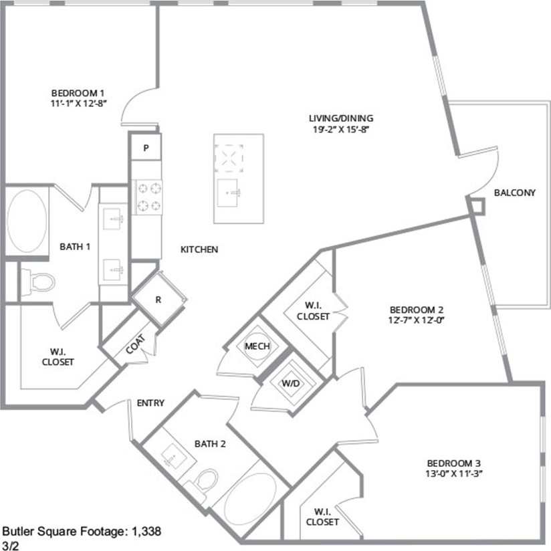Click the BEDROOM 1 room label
click(x=79, y=93)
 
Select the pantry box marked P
click(x=146, y=147)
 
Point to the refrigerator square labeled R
click(x=158, y=300)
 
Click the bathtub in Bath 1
click(x=27, y=221)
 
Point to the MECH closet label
click(x=257, y=346)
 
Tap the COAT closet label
click(x=134, y=346)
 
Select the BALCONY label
click(x=514, y=193)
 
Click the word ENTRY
click(x=150, y=403)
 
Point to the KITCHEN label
click(x=199, y=249)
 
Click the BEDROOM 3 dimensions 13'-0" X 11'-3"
click(x=454, y=473)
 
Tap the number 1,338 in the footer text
click(x=146, y=532)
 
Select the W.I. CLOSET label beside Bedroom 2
click(x=313, y=312)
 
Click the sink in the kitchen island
click(x=233, y=193)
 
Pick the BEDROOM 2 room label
click(x=417, y=310)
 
